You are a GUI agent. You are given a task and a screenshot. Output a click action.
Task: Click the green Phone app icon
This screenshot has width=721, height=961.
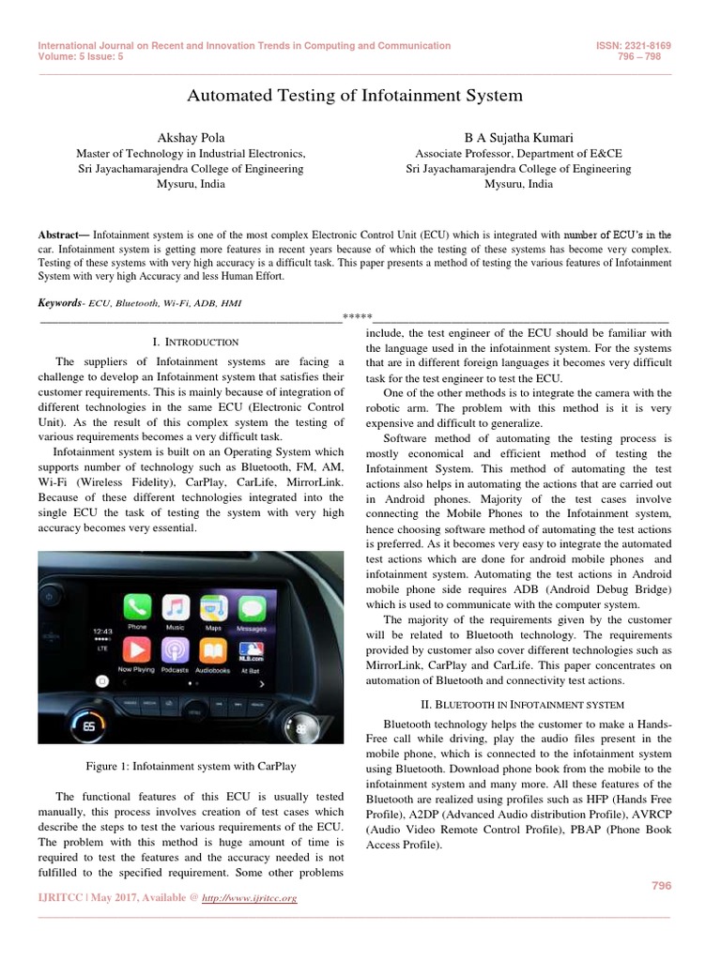click(x=138, y=608)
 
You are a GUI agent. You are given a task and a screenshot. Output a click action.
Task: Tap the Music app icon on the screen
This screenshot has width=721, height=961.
click(x=176, y=608)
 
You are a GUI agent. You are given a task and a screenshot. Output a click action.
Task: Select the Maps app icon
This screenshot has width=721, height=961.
click(x=213, y=608)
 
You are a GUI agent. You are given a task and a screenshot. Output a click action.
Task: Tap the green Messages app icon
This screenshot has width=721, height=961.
click(x=251, y=608)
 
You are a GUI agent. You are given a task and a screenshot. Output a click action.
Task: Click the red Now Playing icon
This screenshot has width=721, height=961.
click(x=138, y=649)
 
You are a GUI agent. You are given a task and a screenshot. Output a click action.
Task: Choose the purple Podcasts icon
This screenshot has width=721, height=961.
click(x=176, y=649)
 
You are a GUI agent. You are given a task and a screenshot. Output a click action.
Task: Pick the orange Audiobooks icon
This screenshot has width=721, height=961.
click(x=213, y=649)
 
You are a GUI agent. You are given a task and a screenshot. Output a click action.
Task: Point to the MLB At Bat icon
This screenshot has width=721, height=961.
click(x=251, y=649)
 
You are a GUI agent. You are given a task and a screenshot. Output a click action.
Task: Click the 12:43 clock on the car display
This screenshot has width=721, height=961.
click(x=103, y=631)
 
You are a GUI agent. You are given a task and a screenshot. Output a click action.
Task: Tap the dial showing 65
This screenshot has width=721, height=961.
click(x=90, y=725)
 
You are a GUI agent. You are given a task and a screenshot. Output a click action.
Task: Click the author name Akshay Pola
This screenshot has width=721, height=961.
click(x=190, y=138)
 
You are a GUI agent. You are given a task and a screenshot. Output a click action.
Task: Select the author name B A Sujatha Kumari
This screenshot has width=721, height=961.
click(x=518, y=138)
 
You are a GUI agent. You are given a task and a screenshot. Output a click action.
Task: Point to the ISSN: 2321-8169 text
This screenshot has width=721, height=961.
click(x=634, y=46)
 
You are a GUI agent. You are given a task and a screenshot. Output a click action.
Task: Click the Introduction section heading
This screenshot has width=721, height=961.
click(x=195, y=342)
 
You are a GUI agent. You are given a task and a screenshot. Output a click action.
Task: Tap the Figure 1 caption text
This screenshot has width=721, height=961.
click(x=178, y=767)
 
